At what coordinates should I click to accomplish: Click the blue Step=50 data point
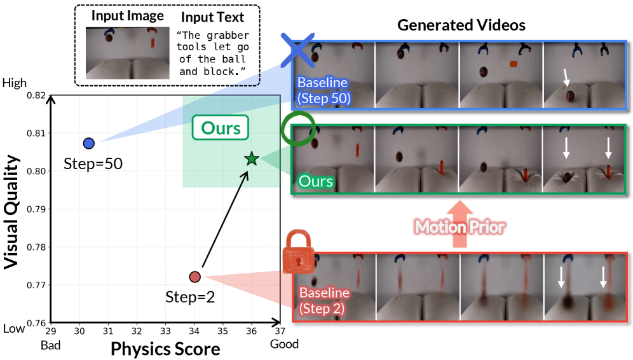pyautogui.click(x=89, y=143)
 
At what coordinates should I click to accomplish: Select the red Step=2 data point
pyautogui.click(x=195, y=277)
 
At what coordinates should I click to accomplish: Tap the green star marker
pyautogui.click(x=252, y=159)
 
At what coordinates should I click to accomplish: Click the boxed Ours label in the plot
pyautogui.click(x=221, y=128)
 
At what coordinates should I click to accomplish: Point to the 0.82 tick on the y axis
pyautogui.click(x=36, y=96)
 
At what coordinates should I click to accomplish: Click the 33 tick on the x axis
pyautogui.click(x=165, y=331)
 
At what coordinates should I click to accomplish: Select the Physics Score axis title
pyautogui.click(x=165, y=349)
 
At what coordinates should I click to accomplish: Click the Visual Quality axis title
pyautogui.click(x=11, y=212)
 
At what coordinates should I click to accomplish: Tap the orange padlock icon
pyautogui.click(x=298, y=252)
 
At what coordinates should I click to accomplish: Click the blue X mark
pyautogui.click(x=297, y=50)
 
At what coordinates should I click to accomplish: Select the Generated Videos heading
pyautogui.click(x=461, y=25)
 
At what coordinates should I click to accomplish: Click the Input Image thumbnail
pyautogui.click(x=128, y=53)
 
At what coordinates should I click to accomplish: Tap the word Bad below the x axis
pyautogui.click(x=51, y=345)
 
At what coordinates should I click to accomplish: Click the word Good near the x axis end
pyautogui.click(x=284, y=344)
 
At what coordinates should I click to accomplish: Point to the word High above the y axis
pyautogui.click(x=15, y=83)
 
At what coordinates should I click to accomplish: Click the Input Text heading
pyautogui.click(x=212, y=17)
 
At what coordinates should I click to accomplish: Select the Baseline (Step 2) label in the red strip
pyautogui.click(x=324, y=301)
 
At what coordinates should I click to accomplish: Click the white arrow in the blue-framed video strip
pyautogui.click(x=566, y=77)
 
